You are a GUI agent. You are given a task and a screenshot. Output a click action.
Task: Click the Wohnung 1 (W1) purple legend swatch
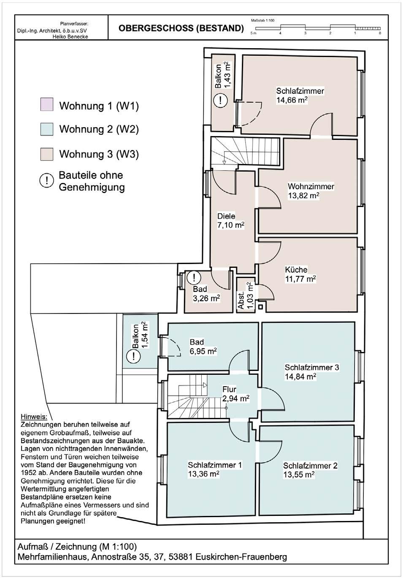[x=47, y=104]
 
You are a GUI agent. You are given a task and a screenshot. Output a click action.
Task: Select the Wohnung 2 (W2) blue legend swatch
[x=47, y=129]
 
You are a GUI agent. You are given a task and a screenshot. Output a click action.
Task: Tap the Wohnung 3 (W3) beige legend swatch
[x=47, y=154]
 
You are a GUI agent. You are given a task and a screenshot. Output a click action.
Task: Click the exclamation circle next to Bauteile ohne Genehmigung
[x=47, y=180]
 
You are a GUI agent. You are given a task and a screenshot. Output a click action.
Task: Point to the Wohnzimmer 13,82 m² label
[x=311, y=191]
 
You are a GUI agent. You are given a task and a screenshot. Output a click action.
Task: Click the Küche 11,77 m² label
[x=300, y=274]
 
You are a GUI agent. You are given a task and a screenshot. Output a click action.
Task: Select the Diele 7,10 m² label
[x=230, y=221]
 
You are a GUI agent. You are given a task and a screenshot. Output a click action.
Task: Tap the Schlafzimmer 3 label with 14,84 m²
[x=311, y=372]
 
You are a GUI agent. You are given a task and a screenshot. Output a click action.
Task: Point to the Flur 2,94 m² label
[x=236, y=394]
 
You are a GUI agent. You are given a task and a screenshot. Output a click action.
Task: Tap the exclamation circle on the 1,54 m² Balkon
[x=133, y=357]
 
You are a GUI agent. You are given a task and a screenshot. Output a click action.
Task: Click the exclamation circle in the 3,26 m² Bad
[x=194, y=278]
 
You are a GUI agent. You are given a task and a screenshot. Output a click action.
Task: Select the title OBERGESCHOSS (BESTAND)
[x=181, y=28]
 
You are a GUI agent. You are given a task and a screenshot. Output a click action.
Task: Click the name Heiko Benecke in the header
[x=70, y=36]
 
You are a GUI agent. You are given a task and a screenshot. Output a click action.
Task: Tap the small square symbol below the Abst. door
[x=261, y=307]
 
